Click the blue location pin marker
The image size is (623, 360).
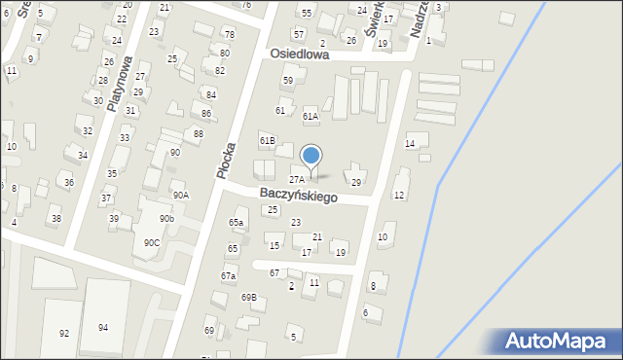coord(311,157)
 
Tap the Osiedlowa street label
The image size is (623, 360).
coord(300,55)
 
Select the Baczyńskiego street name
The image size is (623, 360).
coord(299,196)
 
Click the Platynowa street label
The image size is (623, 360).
coord(120,84)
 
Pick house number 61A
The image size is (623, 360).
coord(311,117)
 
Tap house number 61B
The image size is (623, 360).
coord(267,141)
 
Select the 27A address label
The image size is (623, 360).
coord(297,179)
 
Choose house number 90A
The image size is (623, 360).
coord(181,195)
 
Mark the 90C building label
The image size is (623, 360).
coord(151,242)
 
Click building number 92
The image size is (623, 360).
coord(64,333)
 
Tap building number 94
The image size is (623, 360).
coord(102,327)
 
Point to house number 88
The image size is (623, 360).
coord(199,133)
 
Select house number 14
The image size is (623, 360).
coord(410,143)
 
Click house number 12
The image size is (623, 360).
coord(399,196)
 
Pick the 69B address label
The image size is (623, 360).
coord(248,297)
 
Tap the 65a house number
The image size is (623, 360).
coord(236,223)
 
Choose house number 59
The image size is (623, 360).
coord(287,80)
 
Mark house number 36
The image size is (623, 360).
coord(68,182)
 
